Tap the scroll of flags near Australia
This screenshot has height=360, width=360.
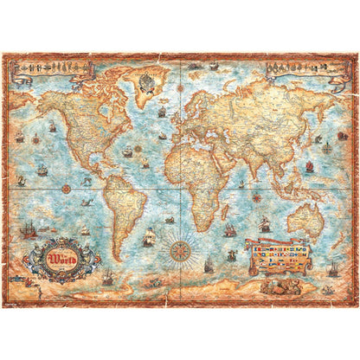point(278,254)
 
